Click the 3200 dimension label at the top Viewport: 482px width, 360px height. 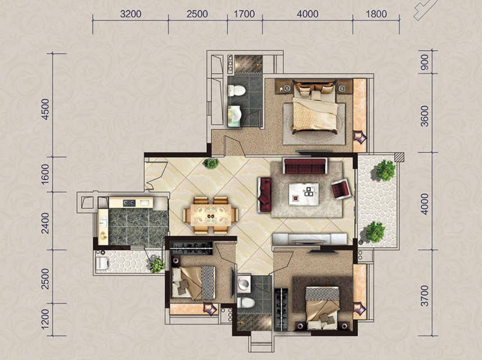point(130,14)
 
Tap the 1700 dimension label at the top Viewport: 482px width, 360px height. point(244,14)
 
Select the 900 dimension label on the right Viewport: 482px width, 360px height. point(425,62)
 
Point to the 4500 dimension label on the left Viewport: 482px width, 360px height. point(45,109)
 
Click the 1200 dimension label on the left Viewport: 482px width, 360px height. point(45,319)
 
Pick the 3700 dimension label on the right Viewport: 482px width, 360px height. point(425,296)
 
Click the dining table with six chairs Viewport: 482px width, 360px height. point(211,215)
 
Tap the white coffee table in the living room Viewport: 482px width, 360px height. point(304,194)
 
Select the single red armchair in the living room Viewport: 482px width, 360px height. point(340,189)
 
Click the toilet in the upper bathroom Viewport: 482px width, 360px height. point(236,91)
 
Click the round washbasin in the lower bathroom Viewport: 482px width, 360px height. point(244,283)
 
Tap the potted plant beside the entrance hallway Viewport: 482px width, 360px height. point(211,163)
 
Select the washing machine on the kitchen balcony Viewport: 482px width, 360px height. point(103,264)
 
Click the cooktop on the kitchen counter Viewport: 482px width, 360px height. point(129,203)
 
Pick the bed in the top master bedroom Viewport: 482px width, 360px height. point(315,107)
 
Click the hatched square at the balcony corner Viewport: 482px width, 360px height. point(399,157)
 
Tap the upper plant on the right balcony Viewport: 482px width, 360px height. point(385,170)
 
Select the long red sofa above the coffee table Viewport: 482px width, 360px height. point(305,166)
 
